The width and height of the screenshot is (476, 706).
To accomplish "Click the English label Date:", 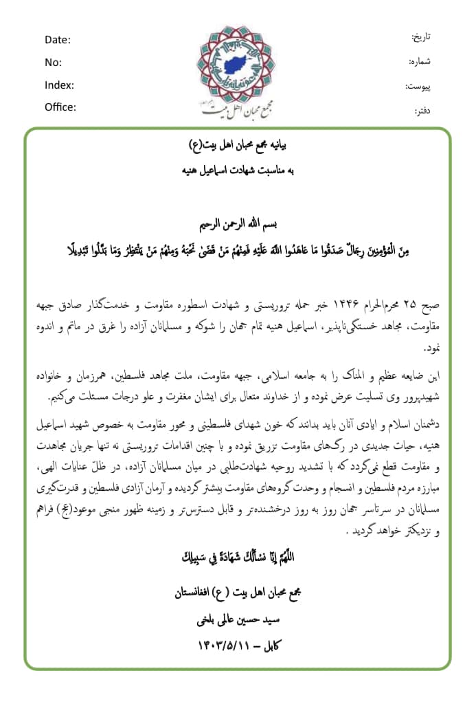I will (58, 40).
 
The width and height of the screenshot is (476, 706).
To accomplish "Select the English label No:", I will (53, 63).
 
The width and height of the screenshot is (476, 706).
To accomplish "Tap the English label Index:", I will (59, 85).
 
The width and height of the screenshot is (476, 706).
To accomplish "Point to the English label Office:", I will (60, 107).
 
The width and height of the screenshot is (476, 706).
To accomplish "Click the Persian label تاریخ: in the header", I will (420, 36).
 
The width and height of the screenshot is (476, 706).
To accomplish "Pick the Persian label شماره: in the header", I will (418, 62).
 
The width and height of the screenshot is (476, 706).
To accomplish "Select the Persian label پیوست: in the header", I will (418, 87).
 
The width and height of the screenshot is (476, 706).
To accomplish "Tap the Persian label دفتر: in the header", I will (422, 110).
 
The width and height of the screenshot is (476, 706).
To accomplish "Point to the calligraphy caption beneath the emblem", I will (238, 108).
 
